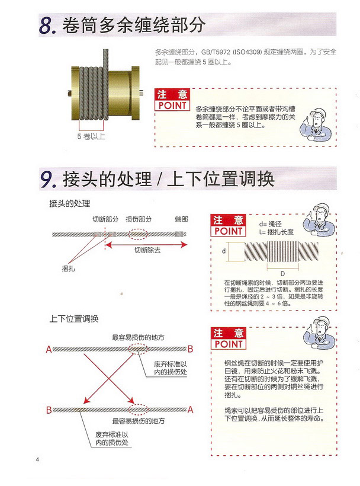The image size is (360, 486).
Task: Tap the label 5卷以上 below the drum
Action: coord(91,136)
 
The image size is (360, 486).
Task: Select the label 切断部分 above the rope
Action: coord(105,219)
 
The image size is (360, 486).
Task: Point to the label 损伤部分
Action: coord(139,219)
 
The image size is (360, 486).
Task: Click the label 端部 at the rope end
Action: coord(181,219)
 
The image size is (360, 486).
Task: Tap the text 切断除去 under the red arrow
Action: coord(147,250)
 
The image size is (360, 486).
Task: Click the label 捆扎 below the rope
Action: coord(68,268)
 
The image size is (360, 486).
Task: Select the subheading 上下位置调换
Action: coord(74,319)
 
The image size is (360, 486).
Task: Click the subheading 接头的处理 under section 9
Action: coord(70,203)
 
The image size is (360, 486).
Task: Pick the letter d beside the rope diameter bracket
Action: coord(223,251)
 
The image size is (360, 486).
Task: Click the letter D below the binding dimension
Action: coord(282,274)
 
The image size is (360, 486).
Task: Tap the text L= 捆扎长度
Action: coord(276,232)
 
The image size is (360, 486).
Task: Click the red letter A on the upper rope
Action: coord(49,350)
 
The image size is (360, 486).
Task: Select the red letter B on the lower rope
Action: coord(49,410)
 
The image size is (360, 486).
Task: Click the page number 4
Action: coord(37,459)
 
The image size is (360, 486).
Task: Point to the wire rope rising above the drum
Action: coord(105,58)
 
